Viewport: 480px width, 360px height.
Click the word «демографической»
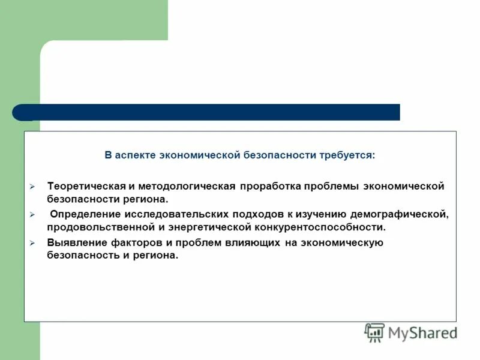(400, 214)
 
